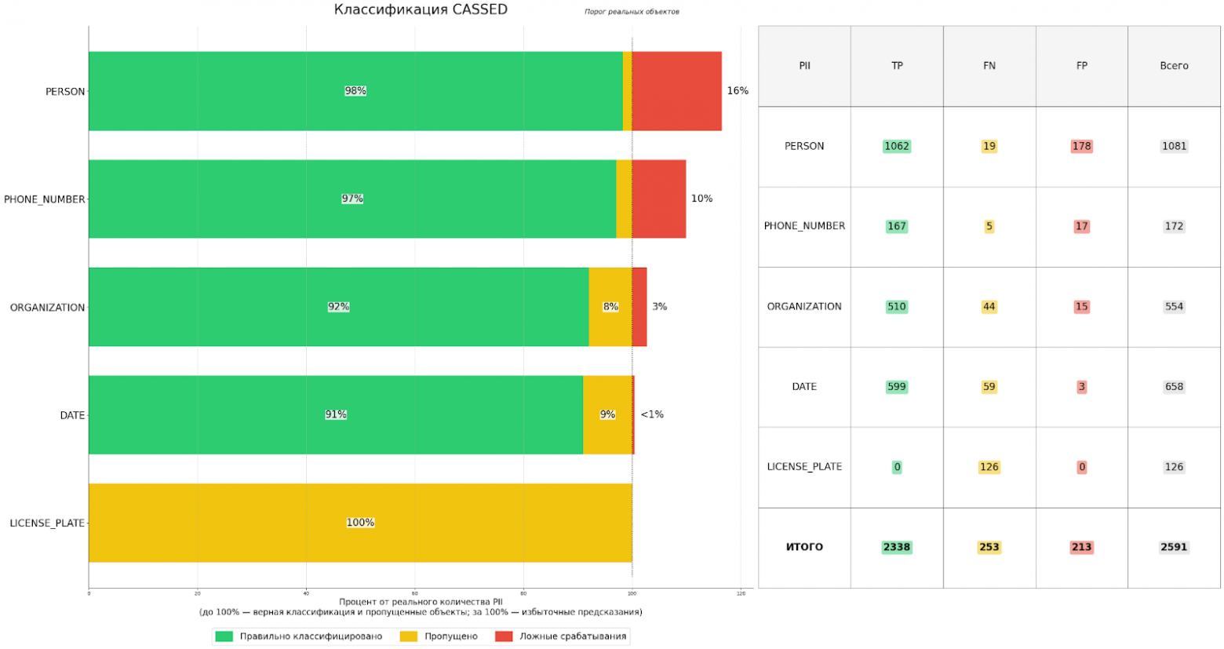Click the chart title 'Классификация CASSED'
click(x=421, y=9)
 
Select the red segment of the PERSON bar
click(x=676, y=91)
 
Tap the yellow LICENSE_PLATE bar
click(x=360, y=523)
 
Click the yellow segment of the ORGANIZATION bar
click(x=610, y=307)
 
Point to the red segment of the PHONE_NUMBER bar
click(x=658, y=199)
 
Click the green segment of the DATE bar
click(x=336, y=414)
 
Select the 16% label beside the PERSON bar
click(x=738, y=91)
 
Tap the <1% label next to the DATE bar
click(x=652, y=414)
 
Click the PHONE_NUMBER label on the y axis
click(x=44, y=199)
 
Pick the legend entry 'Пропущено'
click(x=450, y=636)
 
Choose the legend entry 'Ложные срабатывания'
click(x=572, y=636)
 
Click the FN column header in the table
click(x=989, y=66)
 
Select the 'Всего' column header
click(x=1174, y=66)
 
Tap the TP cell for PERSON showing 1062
click(x=897, y=146)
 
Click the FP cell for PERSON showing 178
click(x=1081, y=146)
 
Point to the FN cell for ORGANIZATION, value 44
click(x=989, y=307)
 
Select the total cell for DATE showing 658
click(x=1174, y=387)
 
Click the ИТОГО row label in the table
click(x=804, y=547)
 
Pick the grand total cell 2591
click(x=1174, y=547)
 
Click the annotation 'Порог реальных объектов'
click(x=632, y=12)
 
